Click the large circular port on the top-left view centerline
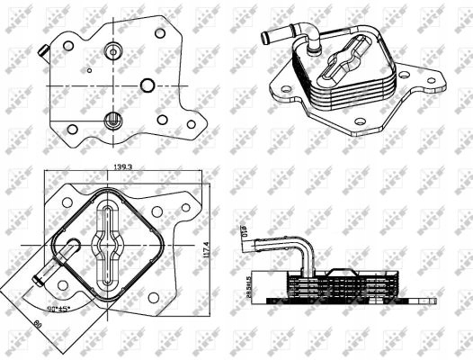coord(147,85)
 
